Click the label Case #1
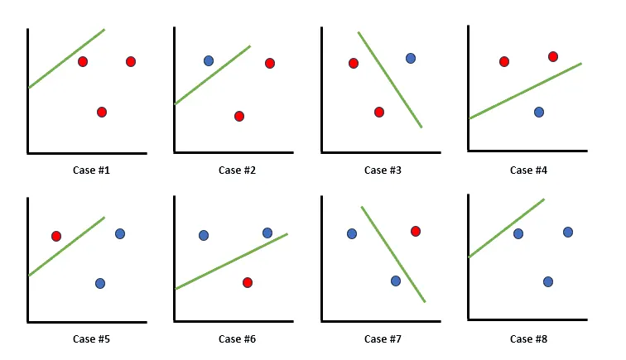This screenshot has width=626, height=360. pyautogui.click(x=90, y=170)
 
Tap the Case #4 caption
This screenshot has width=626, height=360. pyautogui.click(x=527, y=170)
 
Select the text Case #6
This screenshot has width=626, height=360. pyautogui.click(x=236, y=338)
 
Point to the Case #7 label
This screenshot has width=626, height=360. pyautogui.click(x=382, y=338)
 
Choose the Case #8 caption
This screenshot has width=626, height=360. pyautogui.click(x=527, y=338)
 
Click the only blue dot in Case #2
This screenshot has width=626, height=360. pyautogui.click(x=209, y=60)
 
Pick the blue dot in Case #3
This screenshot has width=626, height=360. pyautogui.click(x=411, y=58)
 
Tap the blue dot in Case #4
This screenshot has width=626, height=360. pyautogui.click(x=539, y=112)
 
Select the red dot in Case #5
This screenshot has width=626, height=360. pyautogui.click(x=56, y=236)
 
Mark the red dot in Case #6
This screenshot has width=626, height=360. pyautogui.click(x=248, y=282)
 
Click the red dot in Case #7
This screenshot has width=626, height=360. pyautogui.click(x=416, y=231)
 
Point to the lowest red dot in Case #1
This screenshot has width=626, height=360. pyautogui.click(x=102, y=112)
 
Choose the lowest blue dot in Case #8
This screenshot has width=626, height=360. pyautogui.click(x=548, y=281)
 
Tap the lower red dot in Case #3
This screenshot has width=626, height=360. pyautogui.click(x=379, y=112)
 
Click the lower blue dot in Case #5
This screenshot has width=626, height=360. pyautogui.click(x=100, y=283)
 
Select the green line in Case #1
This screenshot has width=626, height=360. pyautogui.click(x=67, y=58)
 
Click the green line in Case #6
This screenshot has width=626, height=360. pyautogui.click(x=231, y=262)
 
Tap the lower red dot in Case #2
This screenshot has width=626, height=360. pyautogui.click(x=239, y=116)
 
